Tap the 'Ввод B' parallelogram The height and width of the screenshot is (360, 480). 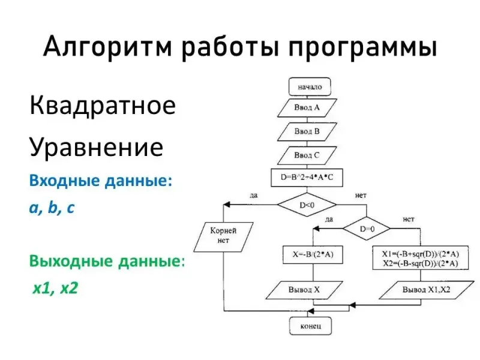click(307, 131)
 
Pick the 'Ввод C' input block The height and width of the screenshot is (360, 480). click(307, 155)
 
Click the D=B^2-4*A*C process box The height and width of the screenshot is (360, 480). click(307, 178)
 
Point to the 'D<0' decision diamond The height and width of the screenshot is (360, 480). click(307, 205)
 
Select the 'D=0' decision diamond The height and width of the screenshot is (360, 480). click(367, 229)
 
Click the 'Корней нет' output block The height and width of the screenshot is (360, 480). click(223, 236)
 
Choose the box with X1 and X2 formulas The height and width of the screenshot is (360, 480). click(420, 259)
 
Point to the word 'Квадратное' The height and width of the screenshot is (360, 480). click(103, 107)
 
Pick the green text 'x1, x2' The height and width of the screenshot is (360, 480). click(55, 289)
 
